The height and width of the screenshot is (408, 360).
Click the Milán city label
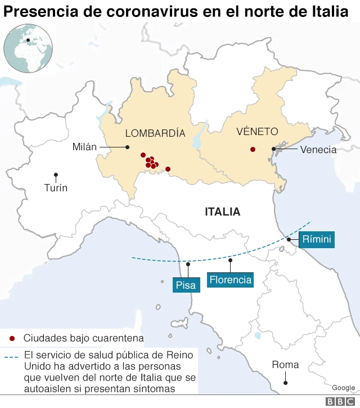(x=84, y=147)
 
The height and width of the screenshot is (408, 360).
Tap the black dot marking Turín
(x=56, y=174)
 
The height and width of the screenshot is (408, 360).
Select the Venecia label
(x=318, y=149)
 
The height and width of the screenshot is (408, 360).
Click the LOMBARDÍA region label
(x=155, y=133)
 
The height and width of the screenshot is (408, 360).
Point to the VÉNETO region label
(x=257, y=132)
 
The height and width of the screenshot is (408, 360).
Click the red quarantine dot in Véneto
(x=253, y=149)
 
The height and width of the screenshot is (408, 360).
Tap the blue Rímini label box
(x=317, y=239)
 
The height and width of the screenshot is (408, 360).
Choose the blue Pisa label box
(x=186, y=285)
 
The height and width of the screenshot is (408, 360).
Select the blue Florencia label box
(x=230, y=280)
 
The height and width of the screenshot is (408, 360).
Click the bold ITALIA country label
(x=222, y=212)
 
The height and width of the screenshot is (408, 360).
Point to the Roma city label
(x=285, y=365)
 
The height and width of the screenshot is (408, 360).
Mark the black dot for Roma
(x=286, y=383)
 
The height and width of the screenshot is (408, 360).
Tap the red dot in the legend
(x=12, y=338)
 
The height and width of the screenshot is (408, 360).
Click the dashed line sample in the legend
(x=11, y=357)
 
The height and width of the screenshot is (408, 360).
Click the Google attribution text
(x=343, y=388)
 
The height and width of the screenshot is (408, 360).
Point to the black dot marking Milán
(x=128, y=147)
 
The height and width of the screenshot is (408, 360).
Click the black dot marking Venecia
(x=274, y=149)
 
